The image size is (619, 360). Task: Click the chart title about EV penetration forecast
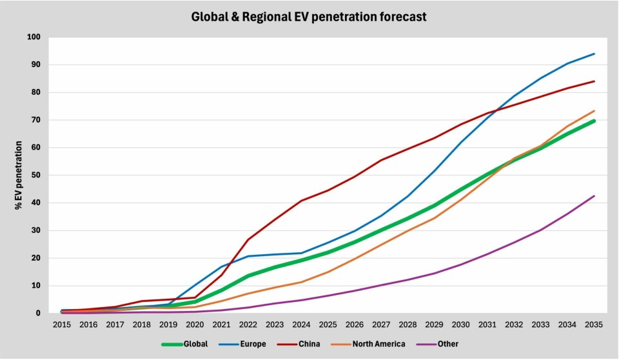(x=309, y=17)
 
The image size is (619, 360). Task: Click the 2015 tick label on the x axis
(x=61, y=325)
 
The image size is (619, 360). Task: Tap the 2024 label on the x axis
(x=300, y=325)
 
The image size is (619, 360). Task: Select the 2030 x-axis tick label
(x=460, y=325)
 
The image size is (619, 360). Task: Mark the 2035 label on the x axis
(x=593, y=325)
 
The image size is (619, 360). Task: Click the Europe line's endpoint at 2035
(x=594, y=54)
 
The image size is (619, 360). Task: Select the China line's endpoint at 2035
(x=594, y=81)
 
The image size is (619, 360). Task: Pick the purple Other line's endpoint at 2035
(x=594, y=196)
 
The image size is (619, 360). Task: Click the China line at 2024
(x=300, y=201)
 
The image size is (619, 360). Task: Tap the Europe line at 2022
(x=248, y=256)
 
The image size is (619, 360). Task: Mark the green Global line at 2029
(x=434, y=206)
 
